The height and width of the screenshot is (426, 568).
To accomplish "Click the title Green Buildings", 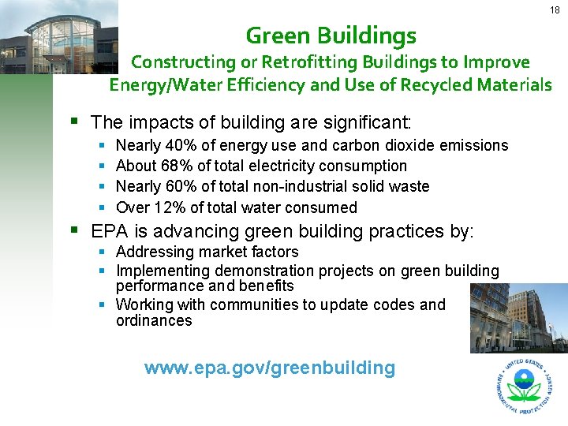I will coord(331,35).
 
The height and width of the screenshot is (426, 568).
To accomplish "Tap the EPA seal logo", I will coord(524,386).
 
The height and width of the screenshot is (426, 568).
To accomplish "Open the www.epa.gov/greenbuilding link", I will coord(269,367).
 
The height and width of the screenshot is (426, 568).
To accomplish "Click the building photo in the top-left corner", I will coord(59,37).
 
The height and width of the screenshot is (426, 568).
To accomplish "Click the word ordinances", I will coord(154,320).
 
